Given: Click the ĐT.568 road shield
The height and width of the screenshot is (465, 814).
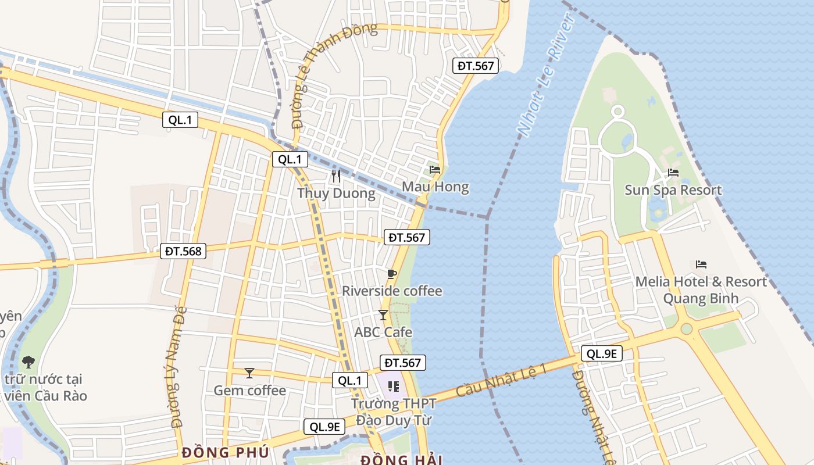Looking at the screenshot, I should pos(183,251).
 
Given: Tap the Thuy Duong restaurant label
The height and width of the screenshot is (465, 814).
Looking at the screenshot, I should pos(336,193).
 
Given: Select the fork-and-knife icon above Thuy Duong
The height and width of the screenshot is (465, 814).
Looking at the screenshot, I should pos(336,176).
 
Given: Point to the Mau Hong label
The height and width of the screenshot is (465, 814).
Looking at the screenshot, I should pos(435,187).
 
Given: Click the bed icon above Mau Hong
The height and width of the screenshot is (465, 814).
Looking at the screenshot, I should pos(435,170).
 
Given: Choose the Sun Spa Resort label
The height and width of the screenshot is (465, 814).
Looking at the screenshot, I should pos(673,190).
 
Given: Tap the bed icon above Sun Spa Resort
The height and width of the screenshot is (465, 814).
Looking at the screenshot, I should pos(673,173).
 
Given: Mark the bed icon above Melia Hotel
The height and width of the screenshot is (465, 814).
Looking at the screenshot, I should pos(701,264).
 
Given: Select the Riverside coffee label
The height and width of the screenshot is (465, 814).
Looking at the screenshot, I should pos(392,291).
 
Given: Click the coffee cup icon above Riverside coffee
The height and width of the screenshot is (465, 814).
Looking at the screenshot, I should pos(392,274).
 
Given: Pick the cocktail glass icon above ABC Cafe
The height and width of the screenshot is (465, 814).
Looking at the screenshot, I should pos(383,315).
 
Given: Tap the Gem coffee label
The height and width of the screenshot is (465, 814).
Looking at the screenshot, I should pos(249,390).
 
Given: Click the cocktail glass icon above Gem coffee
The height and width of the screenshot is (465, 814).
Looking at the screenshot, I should pos(249,373).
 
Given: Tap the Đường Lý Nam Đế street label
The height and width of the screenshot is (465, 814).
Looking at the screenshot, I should pos(178,367).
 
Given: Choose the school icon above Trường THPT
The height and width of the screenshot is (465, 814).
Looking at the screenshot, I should pos(394,386).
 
